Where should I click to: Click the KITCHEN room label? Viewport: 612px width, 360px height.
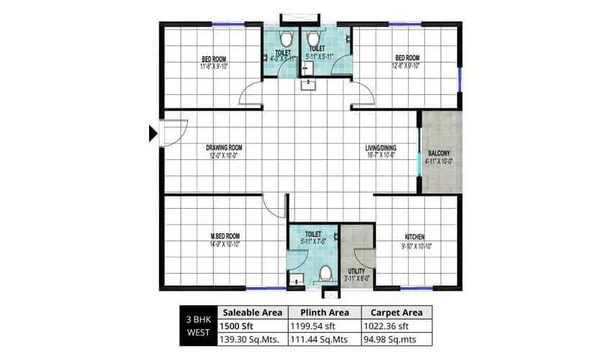tap(413, 236)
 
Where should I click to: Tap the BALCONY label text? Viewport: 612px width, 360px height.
tap(440, 153)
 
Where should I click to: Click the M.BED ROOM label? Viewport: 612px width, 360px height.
tap(225, 236)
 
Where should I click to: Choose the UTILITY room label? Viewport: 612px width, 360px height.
tap(357, 271)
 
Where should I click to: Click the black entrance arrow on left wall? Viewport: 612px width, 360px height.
tap(153, 133)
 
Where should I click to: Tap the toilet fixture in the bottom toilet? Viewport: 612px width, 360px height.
tap(325, 274)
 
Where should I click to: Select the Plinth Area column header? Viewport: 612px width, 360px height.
tap(325, 312)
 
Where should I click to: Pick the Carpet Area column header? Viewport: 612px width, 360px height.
tap(396, 312)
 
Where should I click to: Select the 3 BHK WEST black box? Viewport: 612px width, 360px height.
tap(198, 325)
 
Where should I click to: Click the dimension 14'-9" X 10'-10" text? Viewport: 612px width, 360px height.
tap(225, 244)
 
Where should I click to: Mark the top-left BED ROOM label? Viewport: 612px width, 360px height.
tap(215, 58)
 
